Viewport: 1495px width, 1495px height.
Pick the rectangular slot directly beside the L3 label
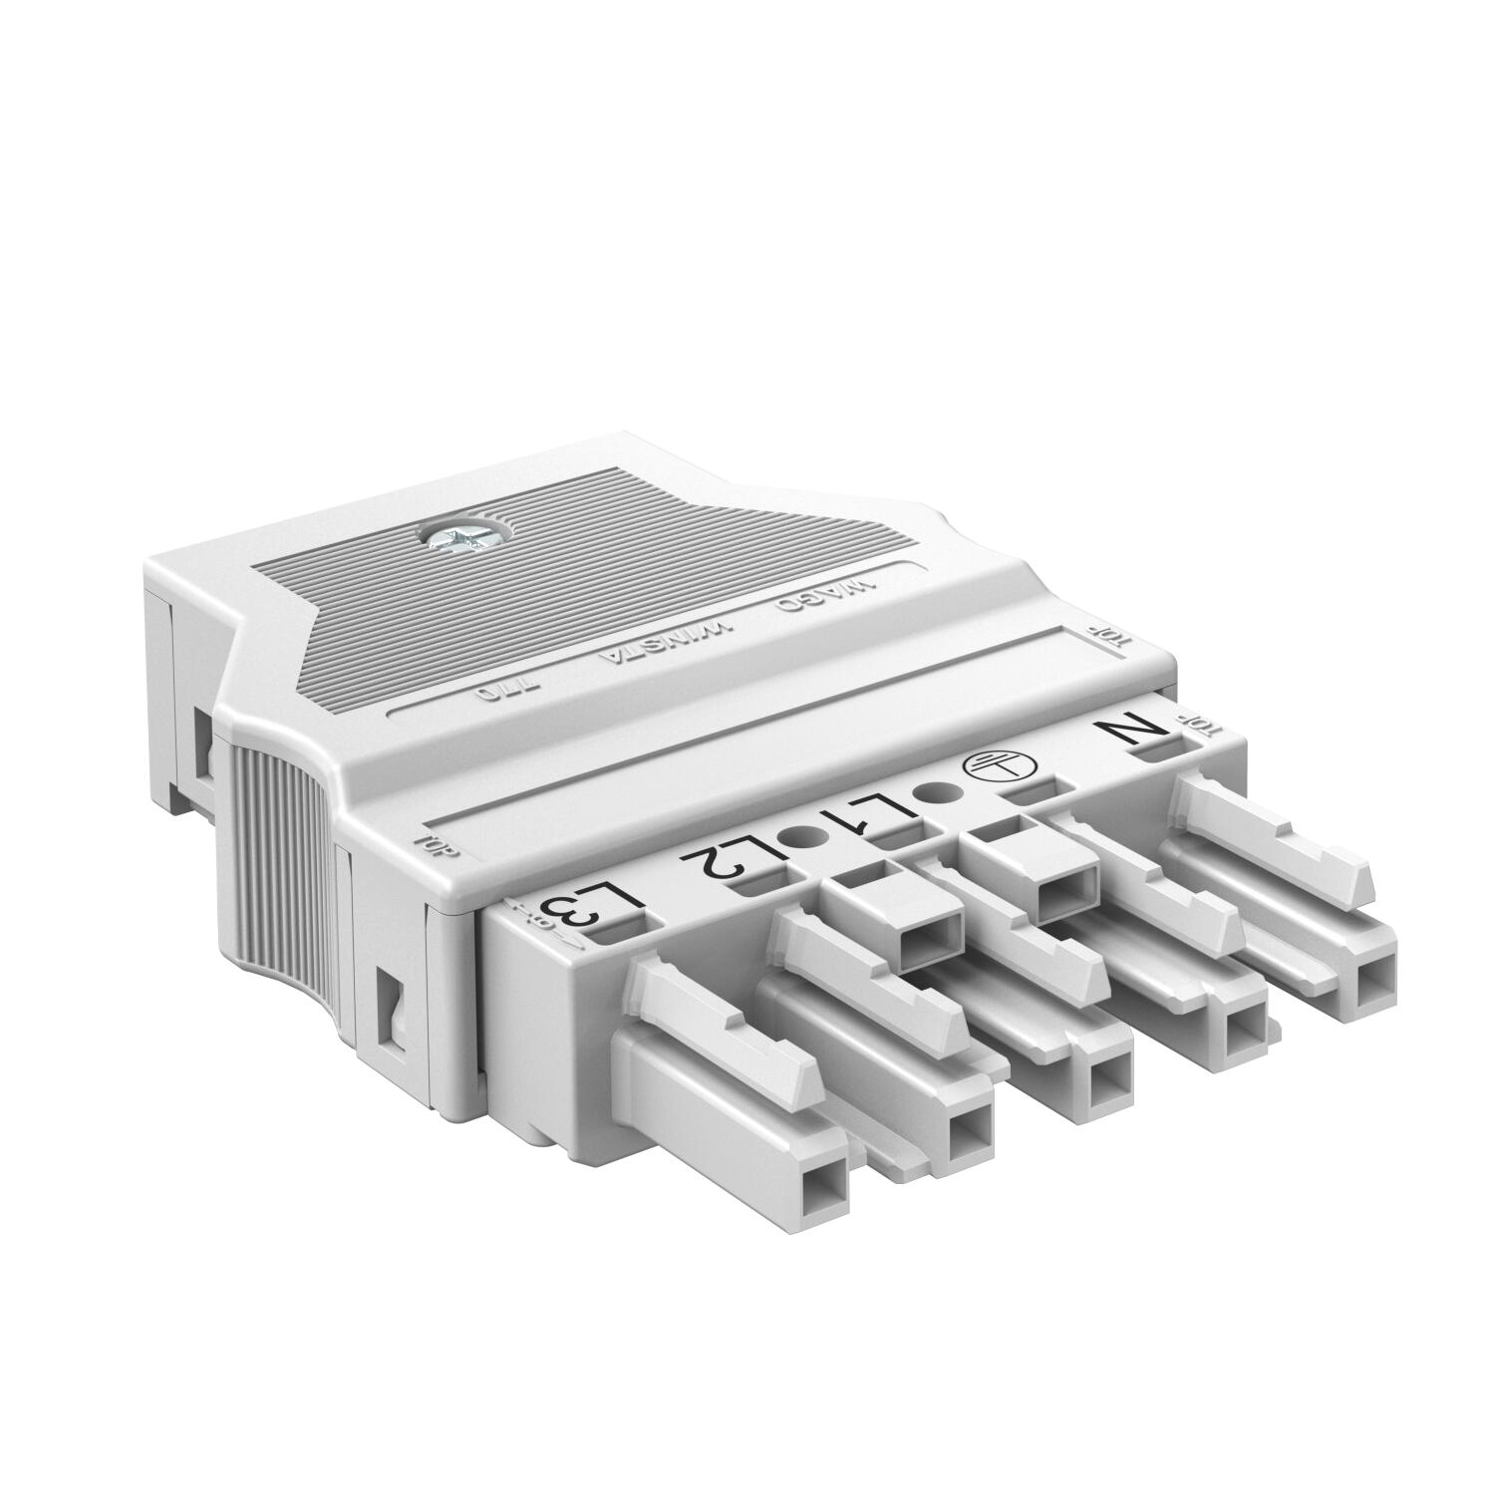[x=623, y=931]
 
